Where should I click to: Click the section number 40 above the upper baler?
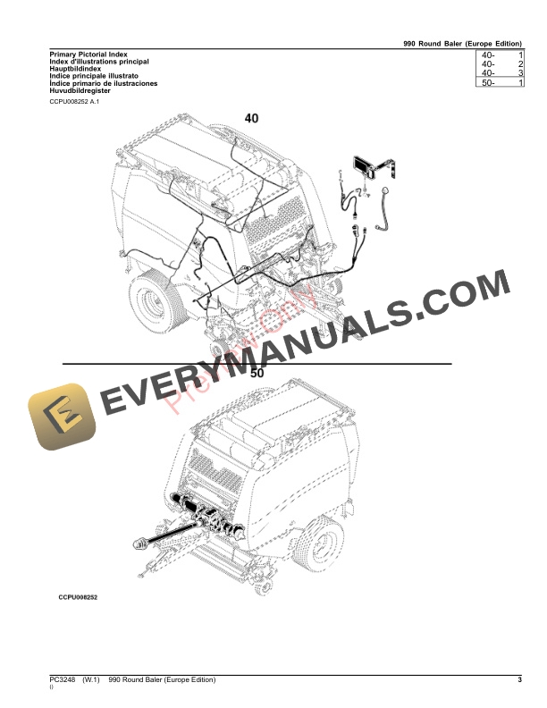tap(252, 119)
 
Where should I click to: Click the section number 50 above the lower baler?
tap(257, 374)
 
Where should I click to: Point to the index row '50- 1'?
tap(501, 83)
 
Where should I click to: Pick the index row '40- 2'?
tap(501, 65)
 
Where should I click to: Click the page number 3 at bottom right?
tap(518, 682)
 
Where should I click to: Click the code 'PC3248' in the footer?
tap(64, 682)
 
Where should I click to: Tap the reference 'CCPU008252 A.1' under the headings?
tap(76, 104)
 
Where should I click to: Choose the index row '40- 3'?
tap(501, 74)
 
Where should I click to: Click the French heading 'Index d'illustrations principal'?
tap(98, 61)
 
